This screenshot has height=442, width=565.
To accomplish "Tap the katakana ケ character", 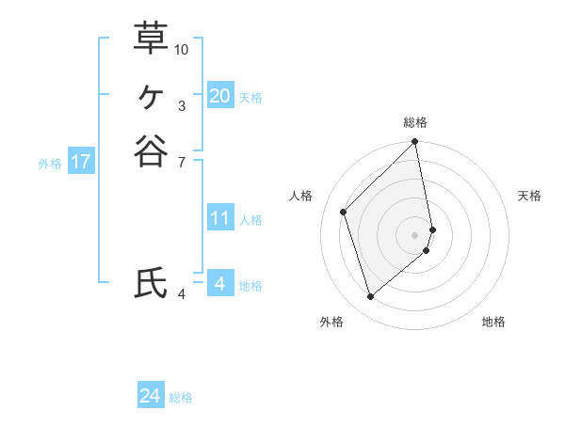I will (151, 95).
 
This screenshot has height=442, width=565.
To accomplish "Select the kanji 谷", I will (151, 150).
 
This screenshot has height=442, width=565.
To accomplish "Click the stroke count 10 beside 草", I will (182, 49).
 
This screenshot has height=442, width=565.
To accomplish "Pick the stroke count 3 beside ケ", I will (182, 106).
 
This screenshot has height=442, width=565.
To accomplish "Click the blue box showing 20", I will (220, 95).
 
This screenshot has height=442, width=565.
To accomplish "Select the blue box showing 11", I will (220, 218).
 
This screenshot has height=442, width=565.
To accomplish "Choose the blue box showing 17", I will (81, 162).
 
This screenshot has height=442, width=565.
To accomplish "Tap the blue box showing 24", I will (151, 396).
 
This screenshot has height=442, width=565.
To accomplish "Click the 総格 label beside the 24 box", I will (181, 398).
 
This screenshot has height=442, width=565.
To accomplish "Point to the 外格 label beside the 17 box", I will (50, 164).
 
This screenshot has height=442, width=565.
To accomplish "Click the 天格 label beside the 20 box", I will (250, 98).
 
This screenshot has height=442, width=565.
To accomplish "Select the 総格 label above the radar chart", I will (415, 122).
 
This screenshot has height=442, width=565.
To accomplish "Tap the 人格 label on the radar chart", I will (301, 196).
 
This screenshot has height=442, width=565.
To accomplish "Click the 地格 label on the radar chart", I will (493, 322).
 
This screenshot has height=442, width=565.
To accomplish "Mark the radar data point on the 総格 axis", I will (415, 143).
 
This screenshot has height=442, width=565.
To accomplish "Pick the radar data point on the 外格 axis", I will (370, 297).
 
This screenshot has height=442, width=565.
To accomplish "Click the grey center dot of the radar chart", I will (415, 234).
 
